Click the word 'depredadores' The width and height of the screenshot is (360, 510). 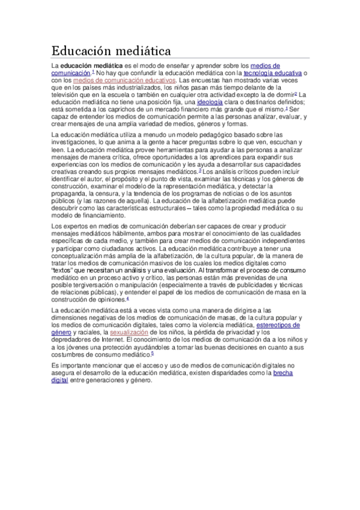73,339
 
